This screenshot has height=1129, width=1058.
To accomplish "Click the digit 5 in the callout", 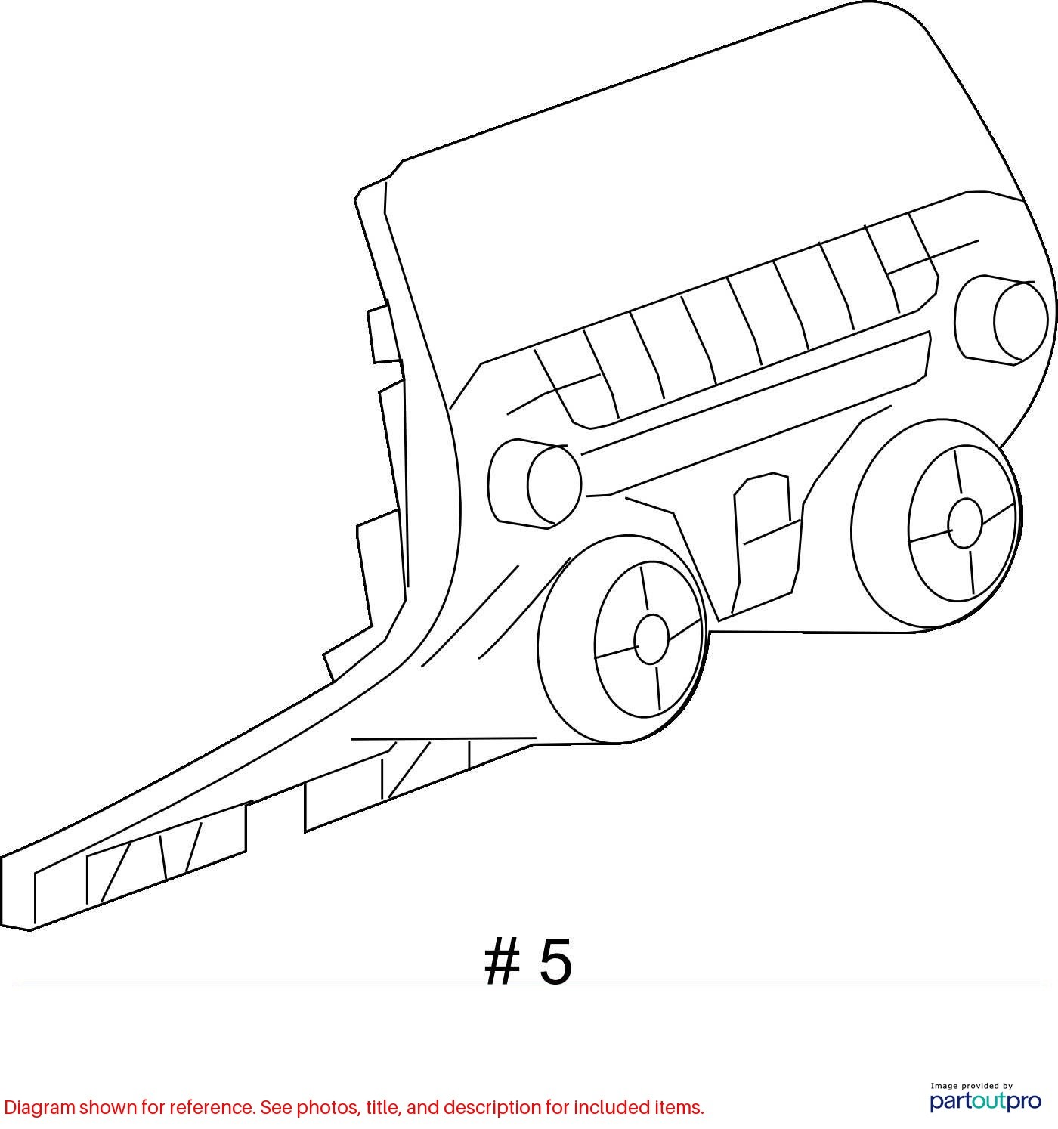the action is pyautogui.click(x=555, y=961).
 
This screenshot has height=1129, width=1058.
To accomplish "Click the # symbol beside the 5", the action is pyautogui.click(x=503, y=961).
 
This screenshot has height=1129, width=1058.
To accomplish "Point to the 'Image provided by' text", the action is pyautogui.click(x=971, y=1085).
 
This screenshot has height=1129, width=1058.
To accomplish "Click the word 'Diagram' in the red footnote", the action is pyautogui.click(x=39, y=1107).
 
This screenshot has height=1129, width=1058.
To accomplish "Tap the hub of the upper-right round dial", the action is pyautogui.click(x=964, y=523).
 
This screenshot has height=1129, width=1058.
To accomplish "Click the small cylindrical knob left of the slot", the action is pyautogui.click(x=534, y=484).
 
